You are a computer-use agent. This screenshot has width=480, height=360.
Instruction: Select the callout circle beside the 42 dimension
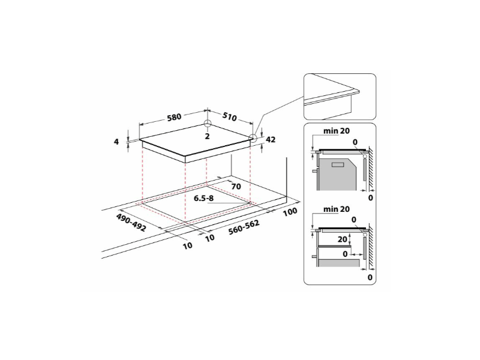click(x=253, y=139)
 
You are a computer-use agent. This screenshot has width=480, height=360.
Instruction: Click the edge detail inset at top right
click(x=339, y=96)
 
